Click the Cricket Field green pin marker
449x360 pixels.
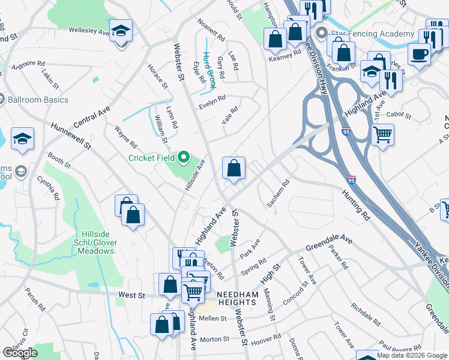tap(184, 158)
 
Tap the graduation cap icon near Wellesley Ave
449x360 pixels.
tap(121, 31)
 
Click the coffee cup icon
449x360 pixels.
tap(419, 53)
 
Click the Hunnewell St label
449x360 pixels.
tap(71, 136)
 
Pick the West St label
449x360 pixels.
tap(132, 295)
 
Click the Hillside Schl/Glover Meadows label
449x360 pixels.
tap(97, 246)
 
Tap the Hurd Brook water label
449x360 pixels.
tap(209, 67)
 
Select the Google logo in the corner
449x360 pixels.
tap(20, 353)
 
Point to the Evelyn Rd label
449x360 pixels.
tap(212, 102)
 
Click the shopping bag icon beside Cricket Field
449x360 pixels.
tap(234, 169)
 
